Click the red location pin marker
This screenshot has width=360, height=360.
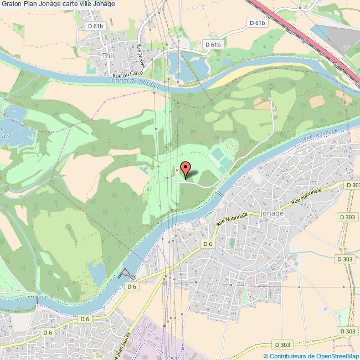click(186, 168)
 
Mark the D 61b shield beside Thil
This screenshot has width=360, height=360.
click(96, 26)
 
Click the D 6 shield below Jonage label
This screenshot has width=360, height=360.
click(208, 244)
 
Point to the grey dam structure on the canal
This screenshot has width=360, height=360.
click(127, 274)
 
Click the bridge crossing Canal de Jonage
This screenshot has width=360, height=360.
click(219, 193)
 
